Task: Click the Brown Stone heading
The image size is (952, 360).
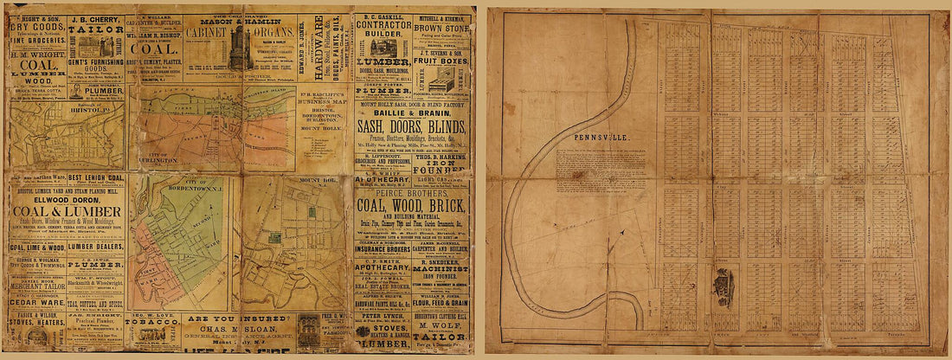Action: coord(441,27)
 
